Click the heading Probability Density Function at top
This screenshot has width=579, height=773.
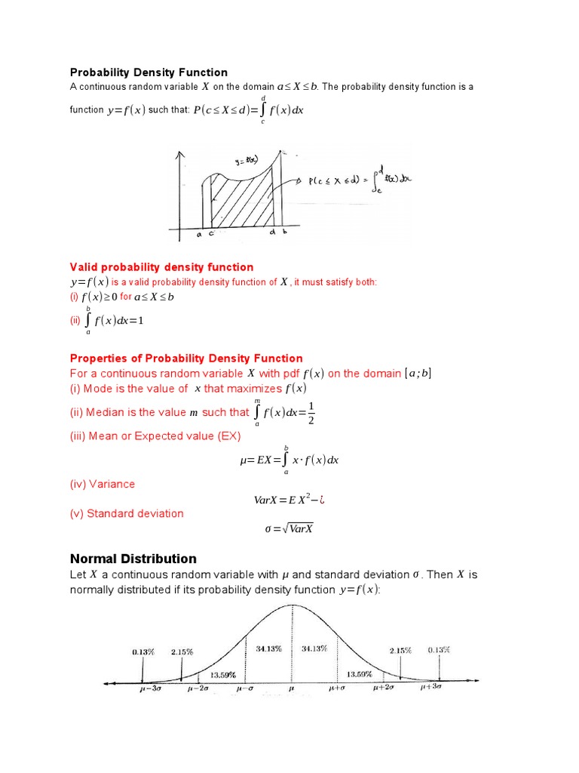(x=149, y=72)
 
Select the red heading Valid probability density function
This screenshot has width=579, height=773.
(x=161, y=267)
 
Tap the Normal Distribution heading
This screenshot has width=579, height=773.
(x=133, y=559)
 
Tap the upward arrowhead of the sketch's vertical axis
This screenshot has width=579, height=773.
(x=179, y=155)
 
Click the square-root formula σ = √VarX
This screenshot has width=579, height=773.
(x=289, y=528)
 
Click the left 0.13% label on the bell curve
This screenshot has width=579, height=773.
(x=143, y=649)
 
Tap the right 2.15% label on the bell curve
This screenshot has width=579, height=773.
(x=400, y=650)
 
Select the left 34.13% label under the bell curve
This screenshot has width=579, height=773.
(x=269, y=648)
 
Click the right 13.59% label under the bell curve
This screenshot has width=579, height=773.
(x=359, y=673)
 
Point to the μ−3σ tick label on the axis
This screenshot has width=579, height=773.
(x=150, y=688)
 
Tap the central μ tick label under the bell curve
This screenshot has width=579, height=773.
(x=291, y=688)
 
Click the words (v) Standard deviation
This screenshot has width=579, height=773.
(x=127, y=513)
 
